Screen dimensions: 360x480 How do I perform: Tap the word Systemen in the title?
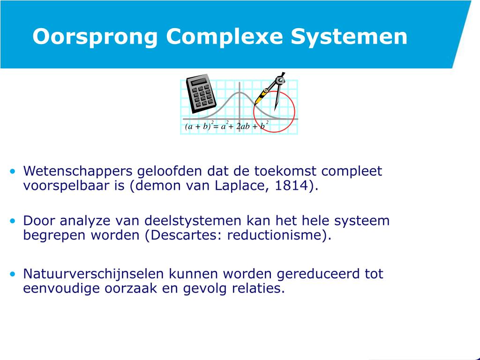point(349,37)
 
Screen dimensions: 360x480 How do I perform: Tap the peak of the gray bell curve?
point(240,92)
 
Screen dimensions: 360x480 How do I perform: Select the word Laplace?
point(240,186)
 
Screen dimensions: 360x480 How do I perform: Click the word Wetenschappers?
point(78,171)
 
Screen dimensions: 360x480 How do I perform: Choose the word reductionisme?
point(277,235)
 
